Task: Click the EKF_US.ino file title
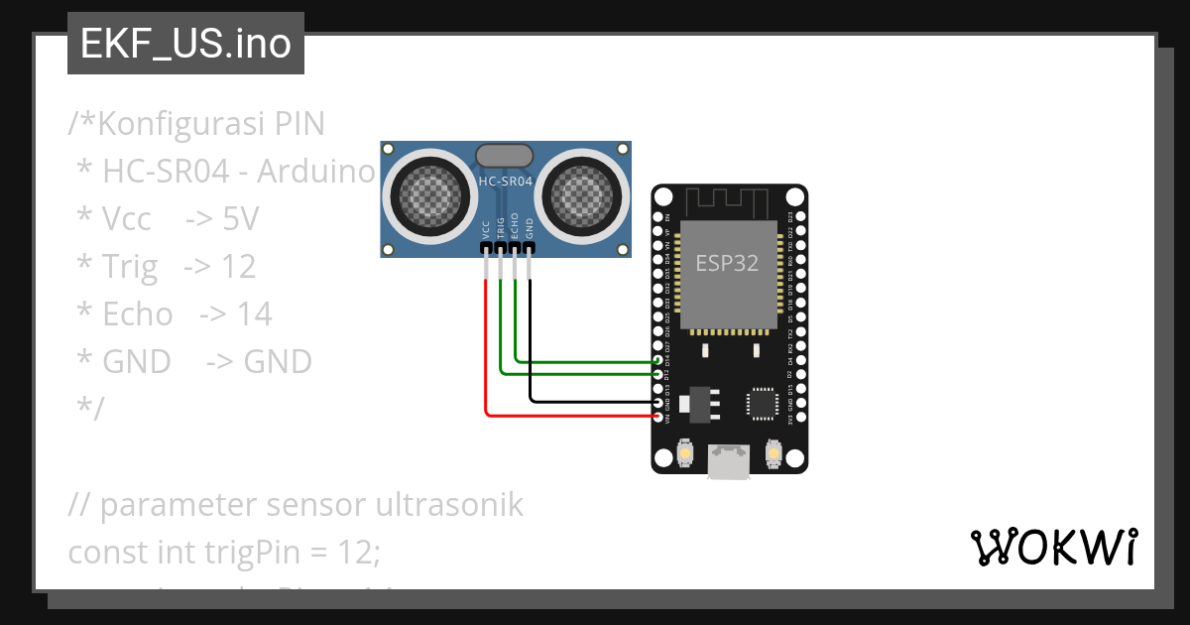(185, 45)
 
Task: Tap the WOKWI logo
(1053, 547)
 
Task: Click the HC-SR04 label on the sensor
(506, 183)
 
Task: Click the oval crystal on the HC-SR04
(505, 155)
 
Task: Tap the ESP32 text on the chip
(729, 263)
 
